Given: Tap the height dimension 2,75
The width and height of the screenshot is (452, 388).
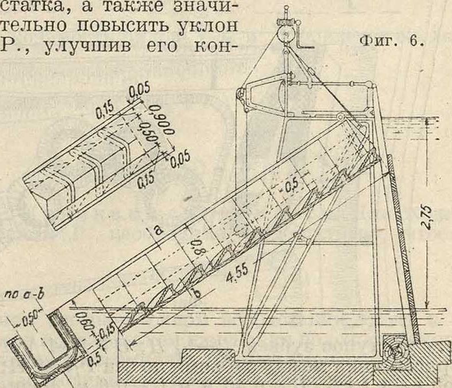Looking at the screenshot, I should pos(431,216).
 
